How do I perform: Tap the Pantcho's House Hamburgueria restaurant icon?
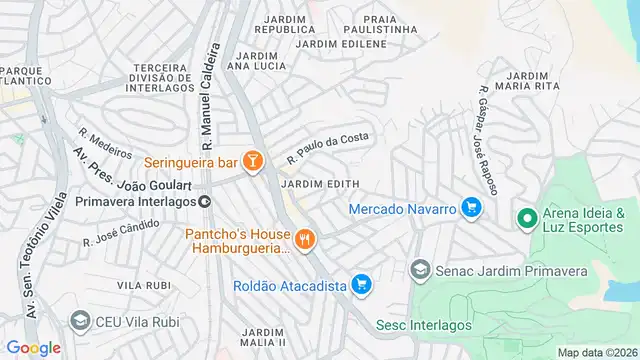[305, 239]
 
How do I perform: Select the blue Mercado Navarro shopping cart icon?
[472, 209]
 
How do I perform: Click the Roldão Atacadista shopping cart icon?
[362, 286]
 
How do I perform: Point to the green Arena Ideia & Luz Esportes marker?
[526, 217]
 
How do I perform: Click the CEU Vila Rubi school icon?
[80, 320]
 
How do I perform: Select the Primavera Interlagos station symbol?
[204, 201]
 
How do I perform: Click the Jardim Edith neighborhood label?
[320, 184]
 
